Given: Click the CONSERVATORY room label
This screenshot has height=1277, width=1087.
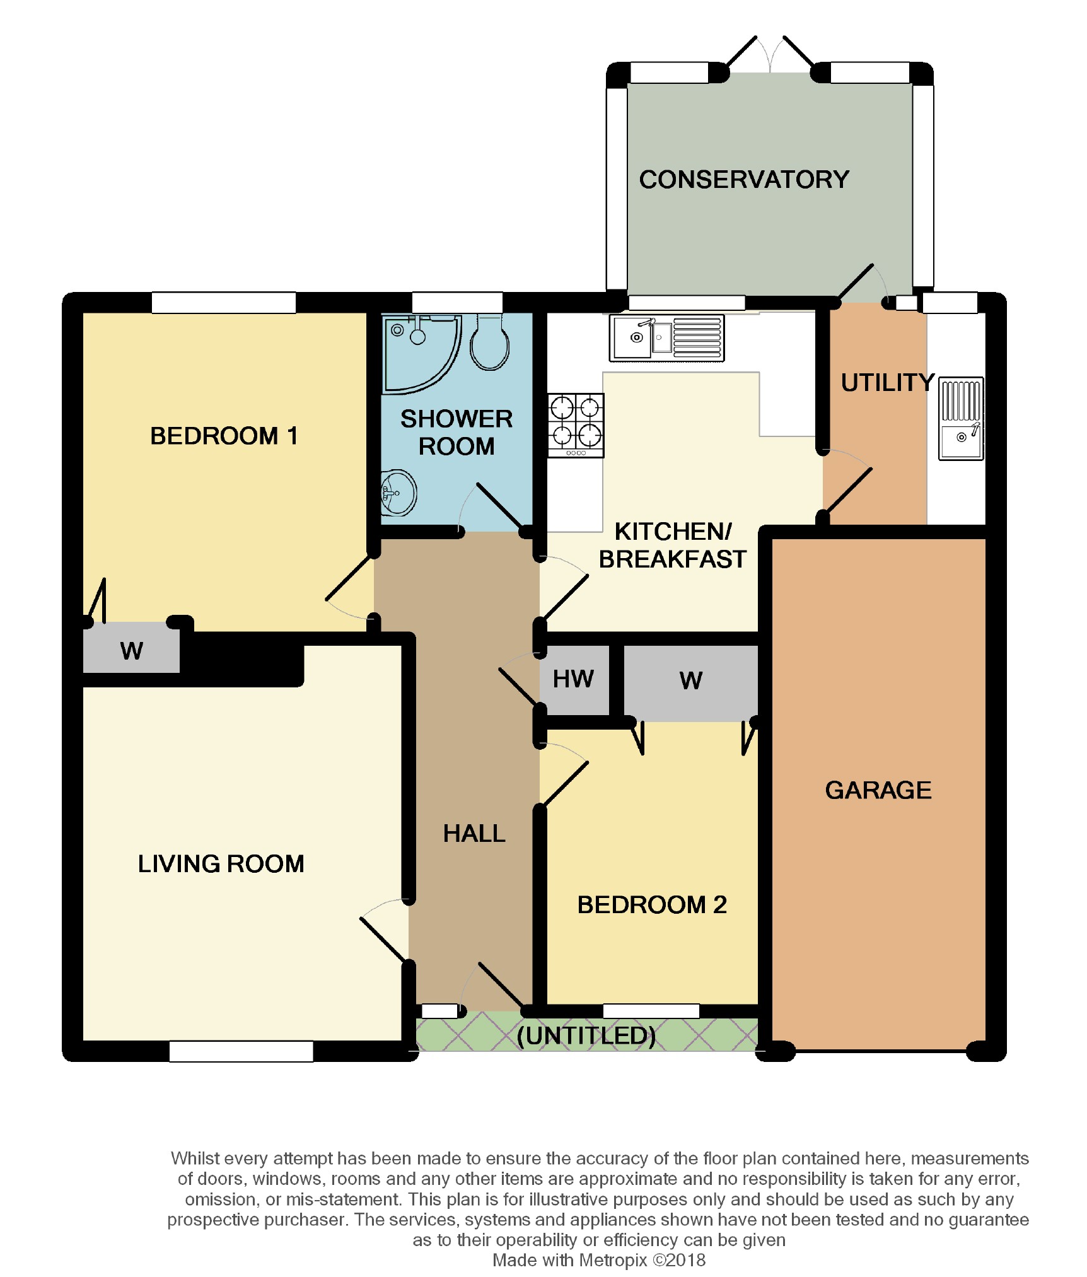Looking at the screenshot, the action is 744,180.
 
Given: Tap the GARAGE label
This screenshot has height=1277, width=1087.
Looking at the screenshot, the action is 878,790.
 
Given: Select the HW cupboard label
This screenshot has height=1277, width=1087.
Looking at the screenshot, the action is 573,679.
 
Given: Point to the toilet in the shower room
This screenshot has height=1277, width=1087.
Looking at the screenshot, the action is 489,343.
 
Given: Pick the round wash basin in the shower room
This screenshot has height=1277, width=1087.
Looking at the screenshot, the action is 398,493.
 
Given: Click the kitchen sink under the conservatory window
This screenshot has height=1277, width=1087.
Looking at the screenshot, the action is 666,338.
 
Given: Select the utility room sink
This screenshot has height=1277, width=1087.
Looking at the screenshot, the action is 961,419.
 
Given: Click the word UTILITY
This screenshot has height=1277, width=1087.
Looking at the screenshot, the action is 888,383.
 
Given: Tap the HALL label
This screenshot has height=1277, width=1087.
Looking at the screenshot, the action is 474,834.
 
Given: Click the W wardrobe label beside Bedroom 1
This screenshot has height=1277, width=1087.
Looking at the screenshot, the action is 132,651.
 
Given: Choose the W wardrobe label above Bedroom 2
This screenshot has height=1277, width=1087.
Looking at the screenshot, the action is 691,681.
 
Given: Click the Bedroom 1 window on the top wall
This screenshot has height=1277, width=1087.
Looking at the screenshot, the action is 224,303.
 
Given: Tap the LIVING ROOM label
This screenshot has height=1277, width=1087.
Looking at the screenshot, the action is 221,864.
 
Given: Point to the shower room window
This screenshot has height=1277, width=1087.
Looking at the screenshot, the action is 457,303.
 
